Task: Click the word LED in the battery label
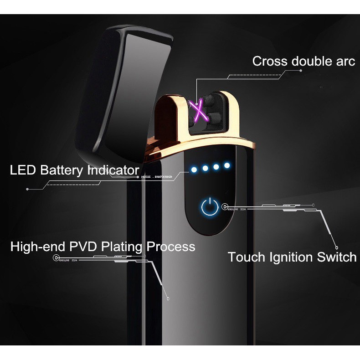23,170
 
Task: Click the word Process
170,247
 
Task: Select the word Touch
245,257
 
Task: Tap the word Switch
337,257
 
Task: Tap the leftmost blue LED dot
194,170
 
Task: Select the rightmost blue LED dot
226,165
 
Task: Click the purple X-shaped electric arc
199,111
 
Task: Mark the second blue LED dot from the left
205,168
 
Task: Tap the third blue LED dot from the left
216,166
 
